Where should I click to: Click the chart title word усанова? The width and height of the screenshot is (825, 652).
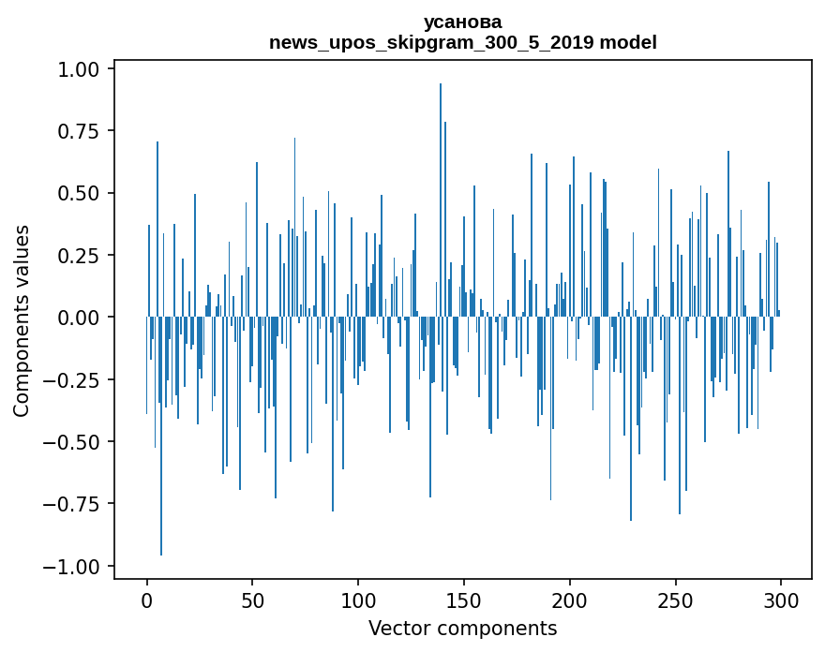462,22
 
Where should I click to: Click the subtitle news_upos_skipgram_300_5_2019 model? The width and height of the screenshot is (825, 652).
462,42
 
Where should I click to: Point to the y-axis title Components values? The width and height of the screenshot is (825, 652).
22,320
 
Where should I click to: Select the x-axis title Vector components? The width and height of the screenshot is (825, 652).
462,629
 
